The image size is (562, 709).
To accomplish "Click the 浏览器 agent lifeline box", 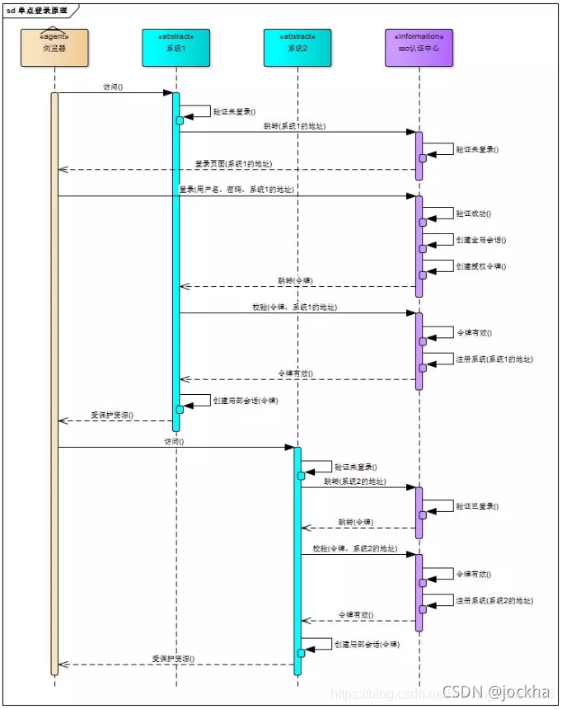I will pyautogui.click(x=54, y=48).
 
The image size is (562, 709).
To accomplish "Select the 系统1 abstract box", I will pyautogui.click(x=176, y=48).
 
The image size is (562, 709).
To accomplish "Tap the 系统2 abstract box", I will pyautogui.click(x=297, y=48).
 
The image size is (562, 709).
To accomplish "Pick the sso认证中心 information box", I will pyautogui.click(x=419, y=48).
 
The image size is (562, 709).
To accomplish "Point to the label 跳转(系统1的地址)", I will pyautogui.click(x=294, y=126).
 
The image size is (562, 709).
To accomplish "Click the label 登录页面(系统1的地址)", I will pyautogui.click(x=233, y=164).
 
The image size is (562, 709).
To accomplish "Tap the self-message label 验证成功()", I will pyautogui.click(x=473, y=214).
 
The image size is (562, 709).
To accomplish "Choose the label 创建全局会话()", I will pyautogui.click(x=480, y=240).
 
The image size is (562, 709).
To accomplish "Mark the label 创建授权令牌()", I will pyautogui.click(x=480, y=266).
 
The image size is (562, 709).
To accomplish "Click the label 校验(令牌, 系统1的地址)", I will pyautogui.click(x=294, y=307).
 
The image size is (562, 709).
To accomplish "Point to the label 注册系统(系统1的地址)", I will pyautogui.click(x=494, y=359).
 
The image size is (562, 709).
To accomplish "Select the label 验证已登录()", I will pyautogui.click(x=477, y=506).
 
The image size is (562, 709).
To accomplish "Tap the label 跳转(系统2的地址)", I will pyautogui.click(x=354, y=481).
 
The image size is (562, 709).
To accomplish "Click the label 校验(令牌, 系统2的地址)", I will pyautogui.click(x=354, y=548).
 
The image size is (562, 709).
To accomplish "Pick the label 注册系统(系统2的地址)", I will pyautogui.click(x=494, y=600).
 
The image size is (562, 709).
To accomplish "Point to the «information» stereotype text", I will pyautogui.click(x=419, y=37).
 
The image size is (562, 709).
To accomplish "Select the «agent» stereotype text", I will pyautogui.click(x=54, y=37).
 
